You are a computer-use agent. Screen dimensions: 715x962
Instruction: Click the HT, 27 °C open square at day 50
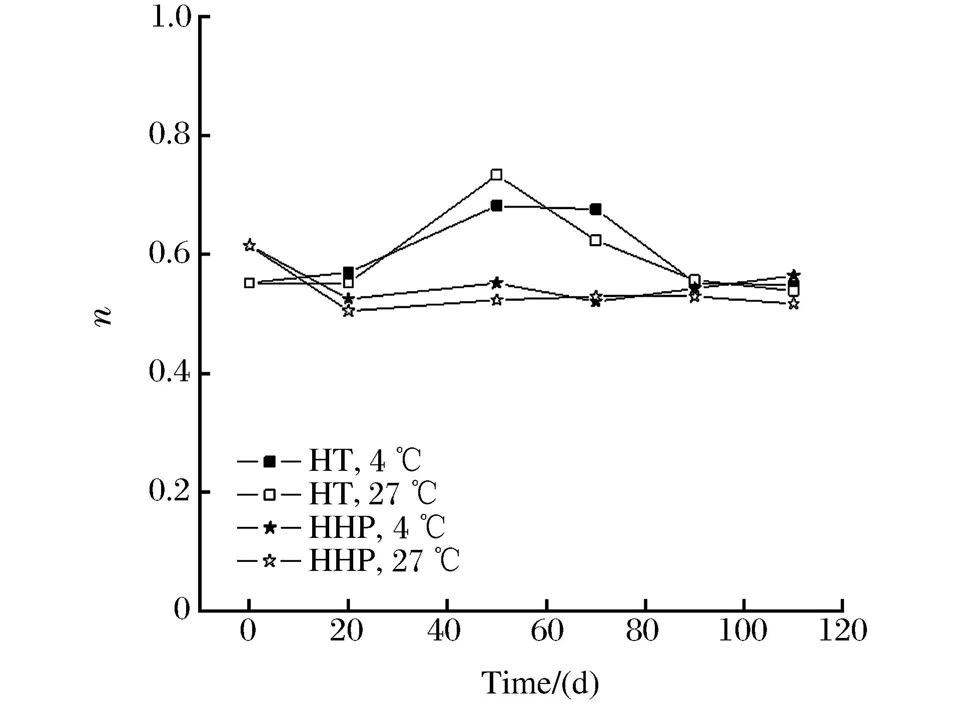tap(496, 175)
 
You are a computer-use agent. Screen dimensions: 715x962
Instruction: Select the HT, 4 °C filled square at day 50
tap(496, 206)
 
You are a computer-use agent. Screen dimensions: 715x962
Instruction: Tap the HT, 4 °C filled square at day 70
tap(595, 209)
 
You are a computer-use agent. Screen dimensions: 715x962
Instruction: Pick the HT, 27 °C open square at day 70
tap(595, 240)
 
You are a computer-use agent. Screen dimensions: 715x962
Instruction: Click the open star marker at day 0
tap(249, 245)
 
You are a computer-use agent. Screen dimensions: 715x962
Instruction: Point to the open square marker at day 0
tap(249, 283)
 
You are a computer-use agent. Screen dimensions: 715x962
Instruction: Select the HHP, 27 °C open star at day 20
tap(349, 311)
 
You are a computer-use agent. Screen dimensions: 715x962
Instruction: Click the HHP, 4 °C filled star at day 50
tap(496, 283)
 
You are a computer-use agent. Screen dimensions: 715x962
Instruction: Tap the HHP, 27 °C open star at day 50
tap(496, 300)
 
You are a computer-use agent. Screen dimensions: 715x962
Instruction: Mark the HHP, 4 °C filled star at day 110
tap(793, 276)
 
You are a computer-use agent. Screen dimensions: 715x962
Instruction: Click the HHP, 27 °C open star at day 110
tap(793, 304)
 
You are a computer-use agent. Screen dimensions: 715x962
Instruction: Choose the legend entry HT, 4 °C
tap(365, 461)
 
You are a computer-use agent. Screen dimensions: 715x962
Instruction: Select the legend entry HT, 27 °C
tap(373, 494)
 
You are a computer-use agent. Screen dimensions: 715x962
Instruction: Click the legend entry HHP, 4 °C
tap(377, 527)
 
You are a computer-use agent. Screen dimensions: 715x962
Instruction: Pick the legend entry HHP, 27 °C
tap(384, 561)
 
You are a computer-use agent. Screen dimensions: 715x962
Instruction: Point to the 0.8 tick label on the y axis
tap(170, 136)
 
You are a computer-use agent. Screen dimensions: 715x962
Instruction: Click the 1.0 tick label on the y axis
tap(170, 18)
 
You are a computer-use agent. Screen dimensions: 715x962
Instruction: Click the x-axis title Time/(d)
tap(540, 683)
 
